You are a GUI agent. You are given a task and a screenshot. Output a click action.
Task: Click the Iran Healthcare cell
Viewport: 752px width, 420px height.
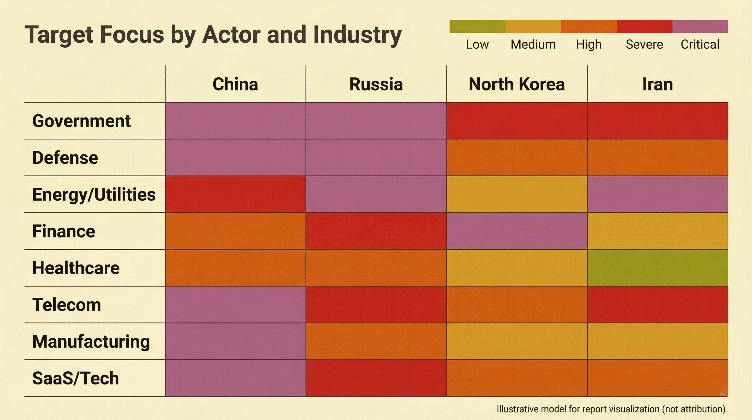657,268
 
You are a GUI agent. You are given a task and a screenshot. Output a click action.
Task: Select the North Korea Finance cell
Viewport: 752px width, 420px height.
517,231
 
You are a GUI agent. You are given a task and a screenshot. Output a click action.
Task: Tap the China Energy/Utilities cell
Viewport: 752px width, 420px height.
235,194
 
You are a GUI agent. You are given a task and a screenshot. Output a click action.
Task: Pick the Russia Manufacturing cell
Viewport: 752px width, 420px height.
376,341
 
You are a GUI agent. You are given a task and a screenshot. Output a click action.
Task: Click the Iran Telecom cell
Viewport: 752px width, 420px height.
657,305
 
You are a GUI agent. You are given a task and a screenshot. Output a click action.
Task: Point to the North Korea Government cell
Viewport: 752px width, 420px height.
517,121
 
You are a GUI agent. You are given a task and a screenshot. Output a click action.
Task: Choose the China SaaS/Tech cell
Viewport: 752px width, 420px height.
235,378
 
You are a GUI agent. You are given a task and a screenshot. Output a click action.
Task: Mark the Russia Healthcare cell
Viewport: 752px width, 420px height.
376,268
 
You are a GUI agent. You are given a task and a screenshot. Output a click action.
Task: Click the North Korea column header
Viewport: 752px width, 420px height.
517,84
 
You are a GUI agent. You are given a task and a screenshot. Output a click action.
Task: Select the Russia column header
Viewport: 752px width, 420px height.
376,84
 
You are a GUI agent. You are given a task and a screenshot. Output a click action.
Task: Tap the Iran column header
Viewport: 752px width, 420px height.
657,84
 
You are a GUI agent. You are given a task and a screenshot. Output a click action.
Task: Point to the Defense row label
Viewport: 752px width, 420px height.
65,158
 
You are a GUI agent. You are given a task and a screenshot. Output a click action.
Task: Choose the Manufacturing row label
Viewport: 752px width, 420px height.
91,342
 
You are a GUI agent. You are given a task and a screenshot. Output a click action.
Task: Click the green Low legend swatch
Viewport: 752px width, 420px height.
477,27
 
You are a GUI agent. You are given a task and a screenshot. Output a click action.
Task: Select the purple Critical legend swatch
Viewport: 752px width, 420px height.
700,27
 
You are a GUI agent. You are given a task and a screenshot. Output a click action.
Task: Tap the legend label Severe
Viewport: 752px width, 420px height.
644,45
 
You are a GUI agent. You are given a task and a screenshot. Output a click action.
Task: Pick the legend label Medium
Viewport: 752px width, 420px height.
533,45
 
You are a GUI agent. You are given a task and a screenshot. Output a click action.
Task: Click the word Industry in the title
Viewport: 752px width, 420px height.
358,35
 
